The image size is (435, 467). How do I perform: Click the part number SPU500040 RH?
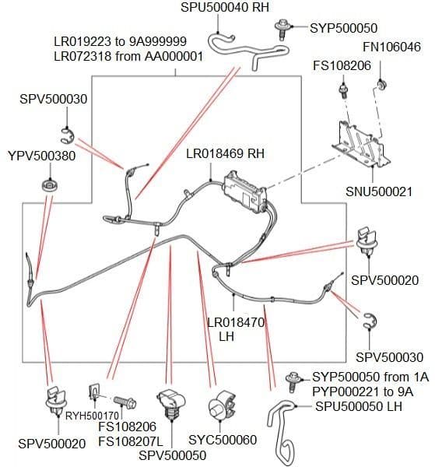(225, 7)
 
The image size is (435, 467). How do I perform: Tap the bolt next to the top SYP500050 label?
(281, 30)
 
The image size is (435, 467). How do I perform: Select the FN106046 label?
(391, 47)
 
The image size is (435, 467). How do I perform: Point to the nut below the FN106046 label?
(381, 85)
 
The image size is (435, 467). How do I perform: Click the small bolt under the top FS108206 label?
(344, 90)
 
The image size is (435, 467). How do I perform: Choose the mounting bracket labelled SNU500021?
(360, 143)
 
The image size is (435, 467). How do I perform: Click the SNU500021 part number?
(379, 191)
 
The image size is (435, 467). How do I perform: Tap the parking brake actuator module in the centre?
(245, 192)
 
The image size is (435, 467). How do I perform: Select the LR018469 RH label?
(226, 153)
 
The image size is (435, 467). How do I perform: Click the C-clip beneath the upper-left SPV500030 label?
(68, 135)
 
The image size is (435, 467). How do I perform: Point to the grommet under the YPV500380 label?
(50, 186)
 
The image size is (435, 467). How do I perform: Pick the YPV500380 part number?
(42, 156)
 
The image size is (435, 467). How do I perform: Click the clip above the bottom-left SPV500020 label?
(56, 401)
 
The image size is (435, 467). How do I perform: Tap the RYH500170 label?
(92, 416)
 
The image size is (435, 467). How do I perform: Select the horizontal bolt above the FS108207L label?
(125, 402)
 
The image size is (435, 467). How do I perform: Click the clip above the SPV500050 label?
(171, 402)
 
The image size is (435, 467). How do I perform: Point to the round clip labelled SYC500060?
(222, 405)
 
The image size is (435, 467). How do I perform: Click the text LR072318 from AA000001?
(128, 56)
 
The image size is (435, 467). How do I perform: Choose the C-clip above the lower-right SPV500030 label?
(370, 321)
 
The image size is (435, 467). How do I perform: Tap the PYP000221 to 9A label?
(363, 392)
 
